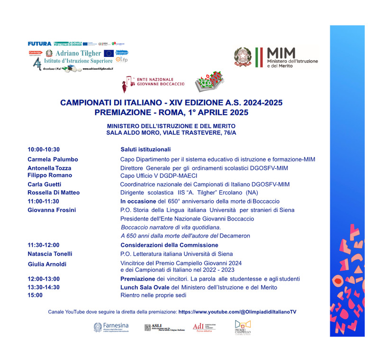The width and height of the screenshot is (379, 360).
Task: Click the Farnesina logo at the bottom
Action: [x=111, y=327]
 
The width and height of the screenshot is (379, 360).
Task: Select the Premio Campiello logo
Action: [x=243, y=327]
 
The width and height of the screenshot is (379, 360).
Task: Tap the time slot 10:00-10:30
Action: [x=44, y=149]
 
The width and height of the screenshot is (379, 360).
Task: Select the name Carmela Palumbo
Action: [x=53, y=159]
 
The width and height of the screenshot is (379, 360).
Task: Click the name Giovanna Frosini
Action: [x=52, y=210]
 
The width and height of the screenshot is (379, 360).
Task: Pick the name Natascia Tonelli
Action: [x=50, y=254]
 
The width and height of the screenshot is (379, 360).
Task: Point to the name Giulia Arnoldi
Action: [x=47, y=264]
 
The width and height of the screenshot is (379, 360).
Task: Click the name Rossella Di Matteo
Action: [x=54, y=193]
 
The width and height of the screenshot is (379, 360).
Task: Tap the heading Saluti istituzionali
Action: [x=145, y=149]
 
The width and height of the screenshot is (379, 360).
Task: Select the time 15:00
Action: [x=35, y=295]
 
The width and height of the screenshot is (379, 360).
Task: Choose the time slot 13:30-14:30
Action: [x=44, y=287]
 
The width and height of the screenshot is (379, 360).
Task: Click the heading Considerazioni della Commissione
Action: [x=169, y=245]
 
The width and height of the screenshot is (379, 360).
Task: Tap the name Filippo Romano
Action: [x=50, y=175]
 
